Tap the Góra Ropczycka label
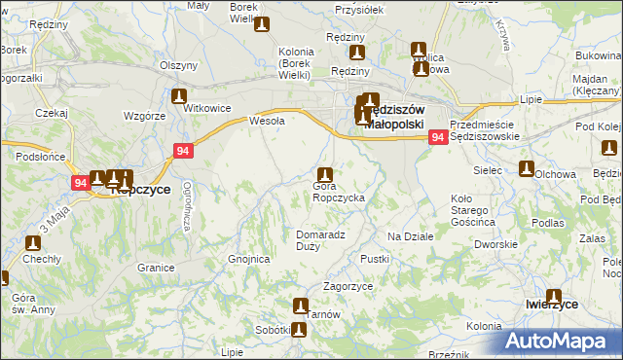(x=338, y=192)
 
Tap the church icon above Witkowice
(x=179, y=96)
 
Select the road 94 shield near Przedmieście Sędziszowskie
(x=438, y=138)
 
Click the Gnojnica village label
(x=247, y=260)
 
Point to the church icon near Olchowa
(x=527, y=169)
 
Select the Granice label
(x=156, y=267)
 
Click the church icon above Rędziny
(x=357, y=54)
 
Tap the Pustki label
(x=375, y=259)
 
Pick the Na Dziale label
(x=409, y=236)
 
